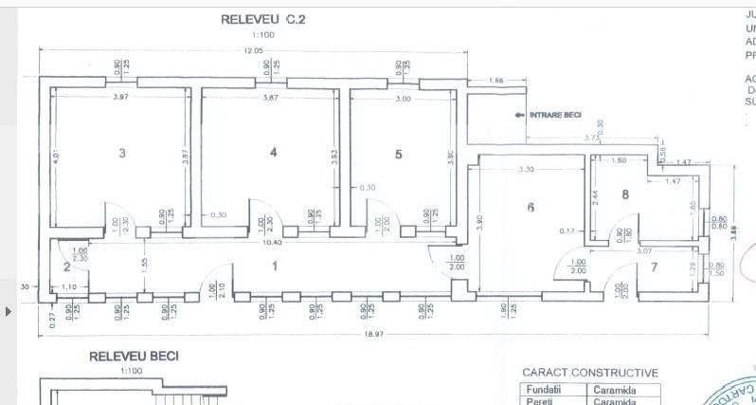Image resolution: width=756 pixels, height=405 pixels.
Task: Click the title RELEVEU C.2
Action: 263,19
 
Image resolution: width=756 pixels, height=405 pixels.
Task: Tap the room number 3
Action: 121,154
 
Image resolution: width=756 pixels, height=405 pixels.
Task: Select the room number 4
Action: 273,152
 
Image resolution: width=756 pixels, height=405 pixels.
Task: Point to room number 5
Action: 398,154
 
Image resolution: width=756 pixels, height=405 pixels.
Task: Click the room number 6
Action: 530,208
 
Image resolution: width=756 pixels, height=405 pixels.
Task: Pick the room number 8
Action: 625,195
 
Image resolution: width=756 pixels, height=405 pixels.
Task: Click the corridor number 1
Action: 275,267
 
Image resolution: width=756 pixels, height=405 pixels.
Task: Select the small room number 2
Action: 66,268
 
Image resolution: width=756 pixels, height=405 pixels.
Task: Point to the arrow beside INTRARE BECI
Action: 520,116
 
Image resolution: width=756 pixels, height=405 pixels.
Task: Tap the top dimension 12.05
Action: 252,49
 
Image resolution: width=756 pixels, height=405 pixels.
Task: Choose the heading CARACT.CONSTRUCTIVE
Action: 590,373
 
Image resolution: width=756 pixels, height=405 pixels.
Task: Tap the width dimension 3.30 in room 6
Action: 527,170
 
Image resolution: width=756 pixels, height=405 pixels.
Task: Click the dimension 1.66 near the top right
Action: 495,82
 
